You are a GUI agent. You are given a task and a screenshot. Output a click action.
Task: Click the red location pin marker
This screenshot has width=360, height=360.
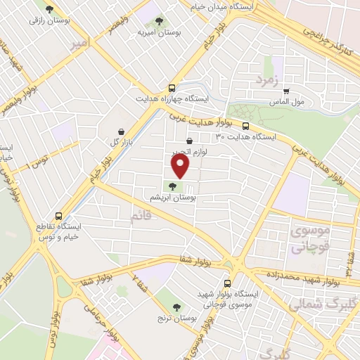coord(181,167)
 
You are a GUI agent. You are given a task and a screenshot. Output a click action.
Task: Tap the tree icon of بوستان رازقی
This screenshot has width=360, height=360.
coord(49,9)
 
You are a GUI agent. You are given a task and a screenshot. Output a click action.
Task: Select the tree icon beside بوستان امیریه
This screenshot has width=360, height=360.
coord(159,20)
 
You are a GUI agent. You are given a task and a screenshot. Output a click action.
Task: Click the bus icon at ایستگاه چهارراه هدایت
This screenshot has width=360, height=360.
coord(172,88)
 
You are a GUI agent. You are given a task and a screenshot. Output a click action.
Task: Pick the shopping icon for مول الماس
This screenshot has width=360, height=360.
coord(286,90)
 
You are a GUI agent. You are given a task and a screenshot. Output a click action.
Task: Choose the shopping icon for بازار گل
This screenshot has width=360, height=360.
coord(122,131)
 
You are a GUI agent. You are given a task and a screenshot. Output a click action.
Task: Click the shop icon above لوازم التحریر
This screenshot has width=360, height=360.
coord(189,141)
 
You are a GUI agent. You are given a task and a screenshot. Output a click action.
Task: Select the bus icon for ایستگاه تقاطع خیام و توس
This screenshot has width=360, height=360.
coord(58,216)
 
